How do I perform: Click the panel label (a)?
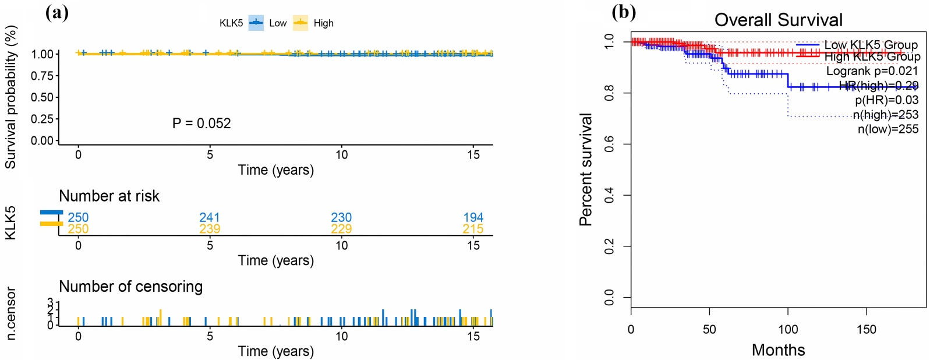pos(57,13)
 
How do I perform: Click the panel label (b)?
pos(624,12)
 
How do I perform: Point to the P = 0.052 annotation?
pos(201,123)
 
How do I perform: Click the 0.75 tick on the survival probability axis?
pos(42,76)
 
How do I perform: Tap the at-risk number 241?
pos(210,217)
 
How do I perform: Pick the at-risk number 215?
pos(473,229)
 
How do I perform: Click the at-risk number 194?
pos(473,217)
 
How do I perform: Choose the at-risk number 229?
pos(341,229)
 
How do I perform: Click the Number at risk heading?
pos(109,196)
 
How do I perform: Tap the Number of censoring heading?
pos(130,287)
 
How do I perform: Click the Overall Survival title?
pos(778,20)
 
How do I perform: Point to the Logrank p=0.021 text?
pos(872,71)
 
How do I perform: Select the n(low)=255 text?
pos(887,129)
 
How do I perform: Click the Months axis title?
pos(778,350)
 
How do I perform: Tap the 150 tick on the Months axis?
pos(866,330)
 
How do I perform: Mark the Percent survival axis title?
pos(586,170)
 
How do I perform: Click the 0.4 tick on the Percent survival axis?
pos(609,195)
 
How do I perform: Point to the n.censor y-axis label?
pos(10,313)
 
